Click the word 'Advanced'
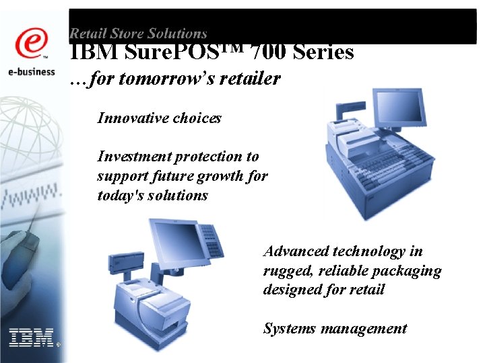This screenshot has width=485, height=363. (295, 251)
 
